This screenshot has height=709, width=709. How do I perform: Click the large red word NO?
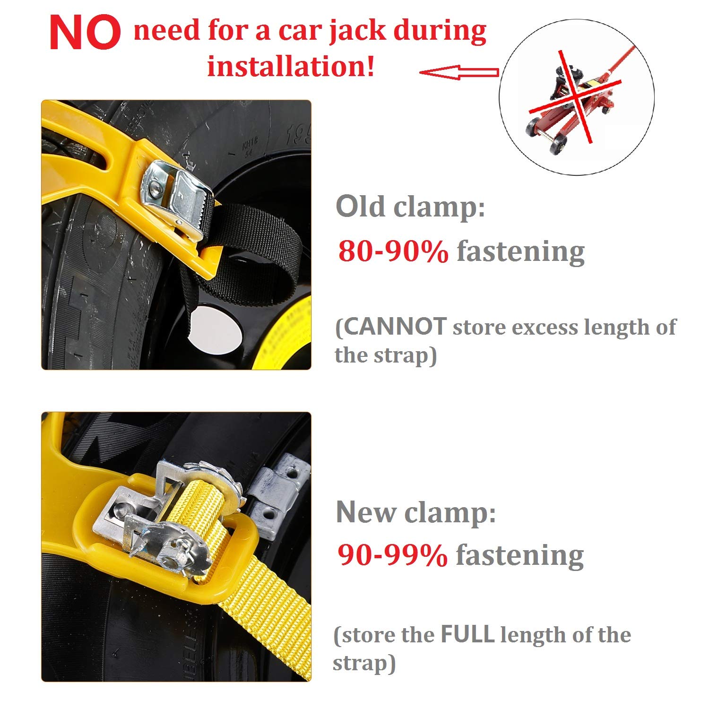click(85, 33)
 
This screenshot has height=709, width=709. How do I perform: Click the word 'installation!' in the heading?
click(291, 66)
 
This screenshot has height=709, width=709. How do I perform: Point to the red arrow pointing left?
click(459, 72)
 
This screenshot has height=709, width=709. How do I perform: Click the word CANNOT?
click(395, 327)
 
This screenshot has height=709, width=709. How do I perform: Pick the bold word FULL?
click(467, 634)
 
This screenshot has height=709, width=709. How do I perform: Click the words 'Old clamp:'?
click(410, 207)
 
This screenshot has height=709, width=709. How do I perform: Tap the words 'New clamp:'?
click(416, 512)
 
